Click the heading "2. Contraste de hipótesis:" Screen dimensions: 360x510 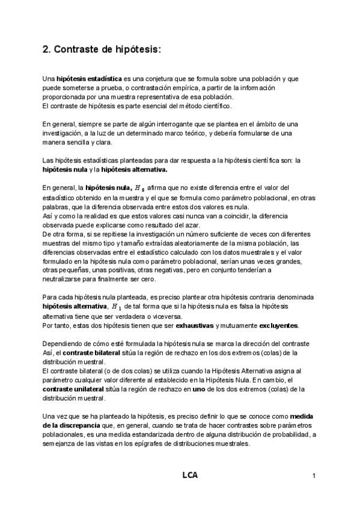coord(102,50)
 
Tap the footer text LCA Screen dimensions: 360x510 coord(190,475)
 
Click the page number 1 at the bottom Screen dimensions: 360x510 coord(314,476)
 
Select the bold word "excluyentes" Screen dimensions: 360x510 coord(277,325)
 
